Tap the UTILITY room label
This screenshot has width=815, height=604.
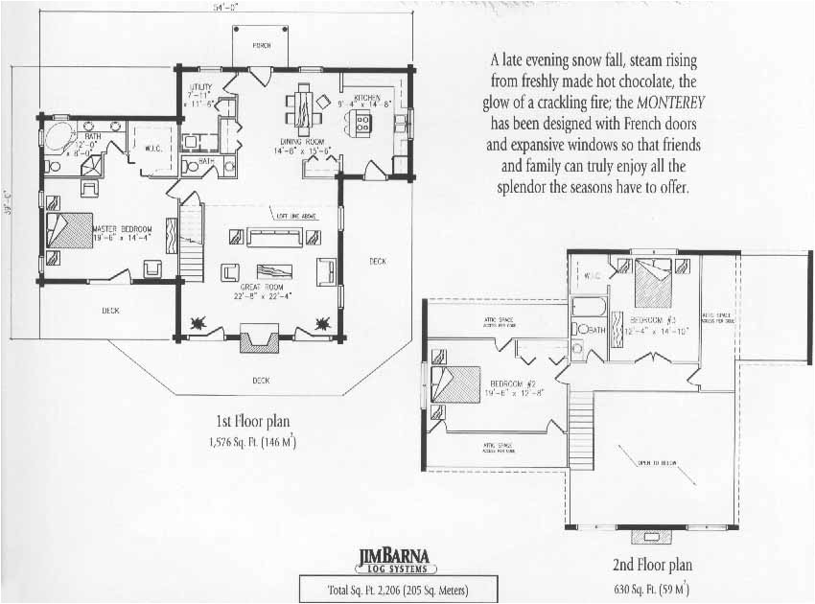pyautogui.click(x=200, y=87)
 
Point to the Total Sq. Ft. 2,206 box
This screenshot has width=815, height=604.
pyautogui.click(x=384, y=588)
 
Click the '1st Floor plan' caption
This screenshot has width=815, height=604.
pyautogui.click(x=251, y=421)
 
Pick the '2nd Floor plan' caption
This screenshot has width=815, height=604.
pyautogui.click(x=652, y=566)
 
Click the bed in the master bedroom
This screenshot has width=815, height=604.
pyautogui.click(x=69, y=230)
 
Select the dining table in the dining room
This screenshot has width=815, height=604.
pyautogui.click(x=304, y=106)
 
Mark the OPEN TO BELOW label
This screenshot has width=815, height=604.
pyautogui.click(x=658, y=462)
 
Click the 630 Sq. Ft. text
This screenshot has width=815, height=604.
pyautogui.click(x=652, y=587)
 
